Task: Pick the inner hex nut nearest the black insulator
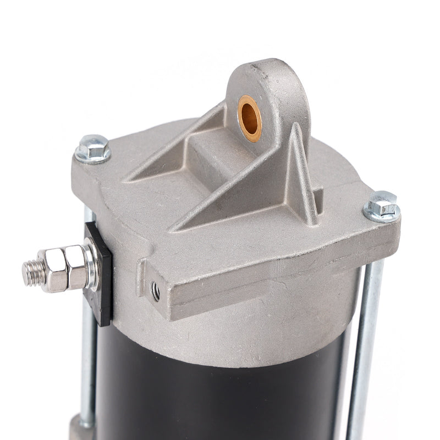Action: pyautogui.click(x=78, y=267)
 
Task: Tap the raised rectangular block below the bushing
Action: pyautogui.click(x=231, y=159)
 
